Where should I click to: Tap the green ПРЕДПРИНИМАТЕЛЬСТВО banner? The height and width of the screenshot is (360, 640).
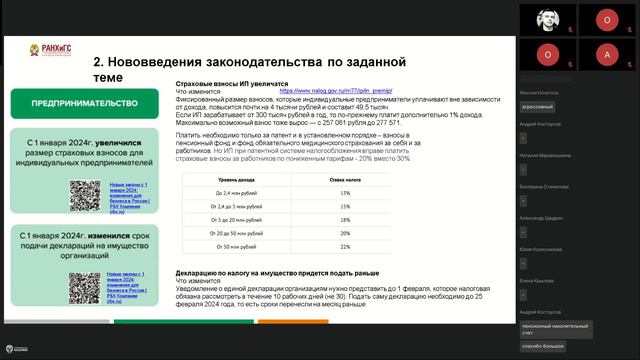tap(83, 102)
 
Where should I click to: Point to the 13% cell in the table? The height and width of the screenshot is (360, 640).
tap(345, 192)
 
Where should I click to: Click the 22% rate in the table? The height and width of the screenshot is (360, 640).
tap(345, 246)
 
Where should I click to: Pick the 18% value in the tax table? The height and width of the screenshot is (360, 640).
tap(345, 219)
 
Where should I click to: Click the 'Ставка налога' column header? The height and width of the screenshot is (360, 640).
tap(345, 178)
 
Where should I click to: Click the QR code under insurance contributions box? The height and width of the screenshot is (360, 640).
tap(85, 193)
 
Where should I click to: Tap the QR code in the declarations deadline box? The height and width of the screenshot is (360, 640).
tap(85, 288)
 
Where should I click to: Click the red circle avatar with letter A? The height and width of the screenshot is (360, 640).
tap(606, 52)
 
